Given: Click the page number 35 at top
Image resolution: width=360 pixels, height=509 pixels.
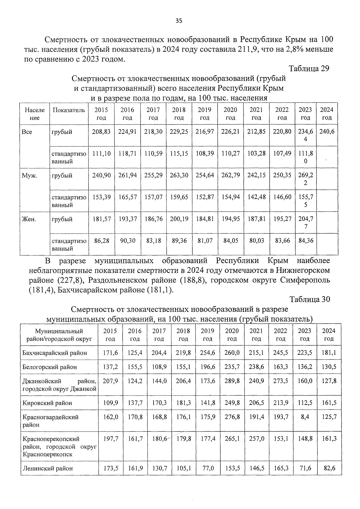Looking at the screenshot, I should pyautogui.click(x=179, y=21).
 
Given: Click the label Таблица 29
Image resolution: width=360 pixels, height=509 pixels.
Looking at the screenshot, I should pyautogui.click(x=309, y=68).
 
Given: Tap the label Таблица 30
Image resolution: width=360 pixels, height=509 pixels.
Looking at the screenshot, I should pyautogui.click(x=310, y=299).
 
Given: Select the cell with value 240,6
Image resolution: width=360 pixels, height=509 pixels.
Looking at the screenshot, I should pyautogui.click(x=327, y=131).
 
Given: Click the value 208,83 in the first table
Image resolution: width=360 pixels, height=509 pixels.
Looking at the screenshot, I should pyautogui.click(x=101, y=131).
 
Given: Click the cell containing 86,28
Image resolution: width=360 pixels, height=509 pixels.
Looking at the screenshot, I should pyautogui.click(x=101, y=241).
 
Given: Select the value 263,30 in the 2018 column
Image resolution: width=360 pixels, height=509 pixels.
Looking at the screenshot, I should pyautogui.click(x=179, y=175).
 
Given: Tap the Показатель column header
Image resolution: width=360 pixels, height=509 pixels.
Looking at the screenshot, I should pyautogui.click(x=69, y=110).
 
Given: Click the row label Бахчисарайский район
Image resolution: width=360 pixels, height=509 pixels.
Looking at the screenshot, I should pyautogui.click(x=55, y=353).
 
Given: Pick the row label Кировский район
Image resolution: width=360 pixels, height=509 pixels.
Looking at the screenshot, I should pyautogui.click(x=47, y=403).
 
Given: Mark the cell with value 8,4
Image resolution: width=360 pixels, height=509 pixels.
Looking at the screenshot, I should pyautogui.click(x=305, y=417).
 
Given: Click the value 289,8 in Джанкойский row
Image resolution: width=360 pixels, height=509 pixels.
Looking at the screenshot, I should pyautogui.click(x=232, y=381).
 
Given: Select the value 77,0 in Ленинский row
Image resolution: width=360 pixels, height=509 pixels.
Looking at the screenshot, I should pyautogui.click(x=208, y=468).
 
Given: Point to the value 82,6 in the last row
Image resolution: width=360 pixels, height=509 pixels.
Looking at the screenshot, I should pyautogui.click(x=329, y=468).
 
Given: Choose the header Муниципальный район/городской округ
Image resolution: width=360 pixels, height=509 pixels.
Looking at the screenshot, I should pyautogui.click(x=59, y=335).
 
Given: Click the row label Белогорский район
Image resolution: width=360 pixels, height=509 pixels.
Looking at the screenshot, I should pyautogui.click(x=49, y=367).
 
